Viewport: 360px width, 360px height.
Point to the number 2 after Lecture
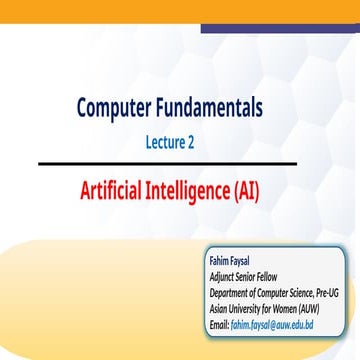pyautogui.click(x=190, y=143)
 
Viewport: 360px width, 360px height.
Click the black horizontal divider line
pyautogui.click(x=180, y=163)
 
